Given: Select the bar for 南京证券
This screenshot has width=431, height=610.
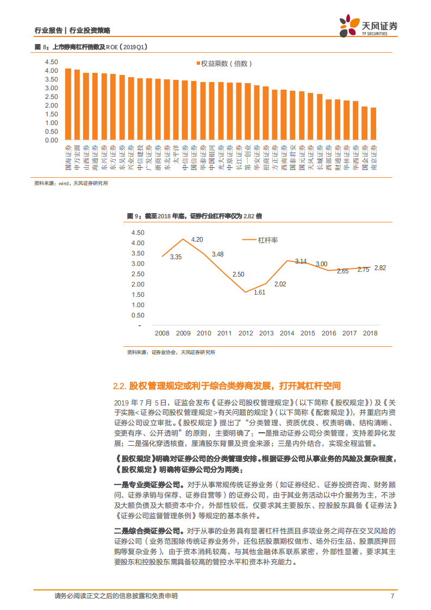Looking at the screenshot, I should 373,124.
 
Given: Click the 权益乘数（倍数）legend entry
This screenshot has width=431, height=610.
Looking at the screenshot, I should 223,64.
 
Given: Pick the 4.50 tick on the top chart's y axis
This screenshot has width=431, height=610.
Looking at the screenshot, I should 51,62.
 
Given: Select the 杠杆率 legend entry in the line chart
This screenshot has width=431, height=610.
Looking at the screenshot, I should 261,240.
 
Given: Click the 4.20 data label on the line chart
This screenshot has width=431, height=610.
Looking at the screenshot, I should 197,239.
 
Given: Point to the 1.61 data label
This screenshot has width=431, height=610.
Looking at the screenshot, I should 259,292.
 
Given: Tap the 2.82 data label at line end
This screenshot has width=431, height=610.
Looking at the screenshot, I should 380,267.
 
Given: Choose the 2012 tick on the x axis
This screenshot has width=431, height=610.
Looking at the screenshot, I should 246,333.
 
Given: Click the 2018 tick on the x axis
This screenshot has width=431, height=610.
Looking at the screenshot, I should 370,333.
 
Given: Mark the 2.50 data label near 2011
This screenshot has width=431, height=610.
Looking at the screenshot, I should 238,275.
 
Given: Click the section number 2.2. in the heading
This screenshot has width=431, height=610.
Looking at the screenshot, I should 120,386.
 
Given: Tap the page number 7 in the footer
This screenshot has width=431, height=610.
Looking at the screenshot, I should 392,596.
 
